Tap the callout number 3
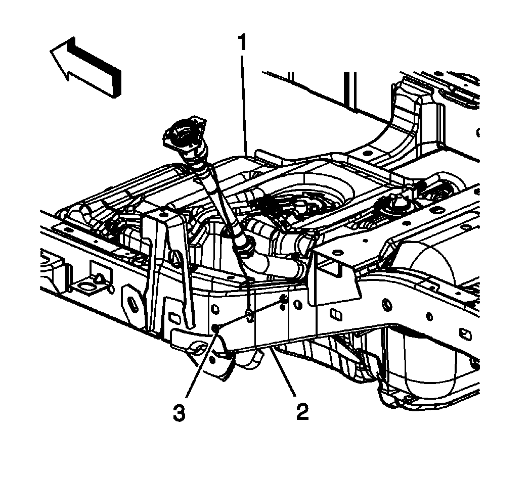tap(180, 413)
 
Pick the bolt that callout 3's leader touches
tap(215, 327)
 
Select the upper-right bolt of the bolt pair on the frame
tap(284, 299)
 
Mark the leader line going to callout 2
tap(282, 372)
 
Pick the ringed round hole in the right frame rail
tap(387, 305)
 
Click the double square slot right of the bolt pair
tap(336, 314)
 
